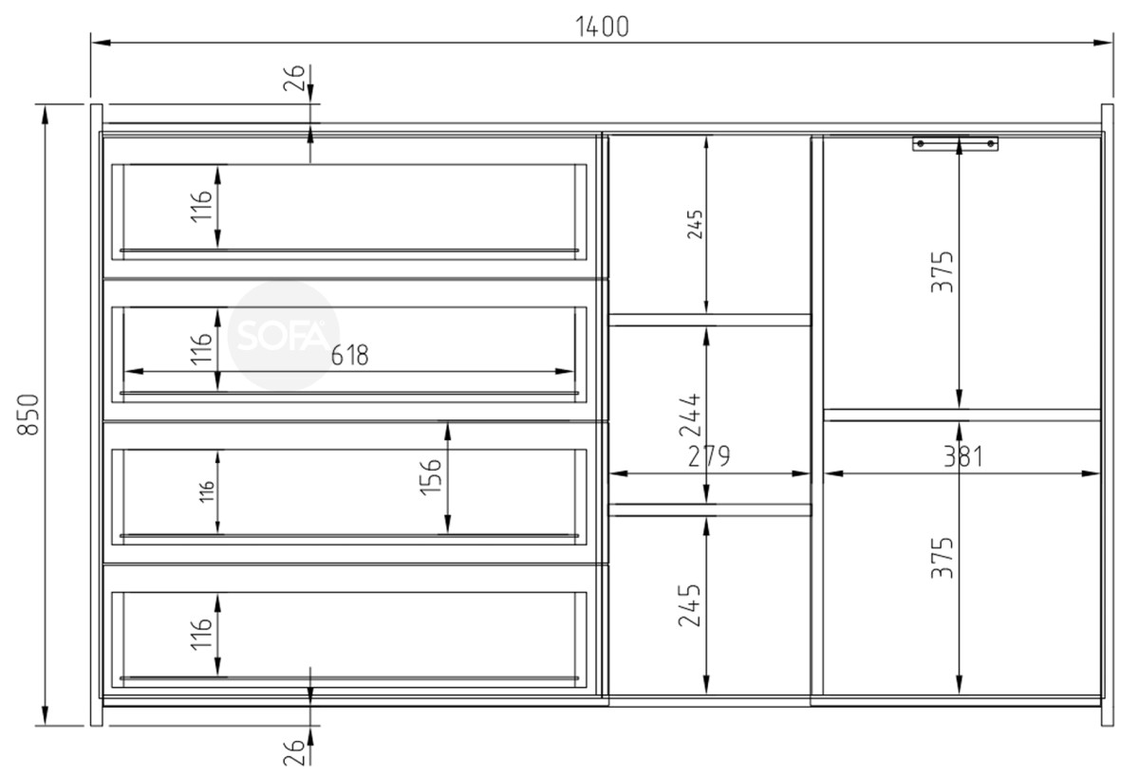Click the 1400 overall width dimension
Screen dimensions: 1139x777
[x=602, y=27]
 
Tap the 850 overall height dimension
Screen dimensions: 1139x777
[x=28, y=415]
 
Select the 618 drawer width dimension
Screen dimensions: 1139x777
[x=349, y=355]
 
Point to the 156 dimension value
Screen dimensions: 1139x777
[x=430, y=476]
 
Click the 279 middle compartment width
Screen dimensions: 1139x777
[x=709, y=455]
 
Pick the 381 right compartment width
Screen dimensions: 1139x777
[x=963, y=456]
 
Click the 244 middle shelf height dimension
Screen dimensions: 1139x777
[x=689, y=416]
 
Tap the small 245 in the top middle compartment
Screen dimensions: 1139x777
[x=695, y=224]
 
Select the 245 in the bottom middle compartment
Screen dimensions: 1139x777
[x=689, y=604]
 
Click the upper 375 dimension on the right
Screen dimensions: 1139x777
[x=942, y=271]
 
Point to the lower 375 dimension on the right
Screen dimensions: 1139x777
[x=942, y=558]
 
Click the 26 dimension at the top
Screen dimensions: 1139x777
[x=294, y=78]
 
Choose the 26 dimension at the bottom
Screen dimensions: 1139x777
[x=294, y=752]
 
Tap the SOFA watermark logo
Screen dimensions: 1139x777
[x=283, y=336]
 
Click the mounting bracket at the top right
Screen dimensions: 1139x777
[x=955, y=144]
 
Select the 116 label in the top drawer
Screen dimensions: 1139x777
[x=201, y=206]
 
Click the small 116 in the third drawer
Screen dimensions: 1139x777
[x=207, y=492]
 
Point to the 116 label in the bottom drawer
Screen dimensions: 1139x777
[x=201, y=634]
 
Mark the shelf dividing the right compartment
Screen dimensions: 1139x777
[x=962, y=415]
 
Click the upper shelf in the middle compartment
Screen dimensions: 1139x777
[x=709, y=320]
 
